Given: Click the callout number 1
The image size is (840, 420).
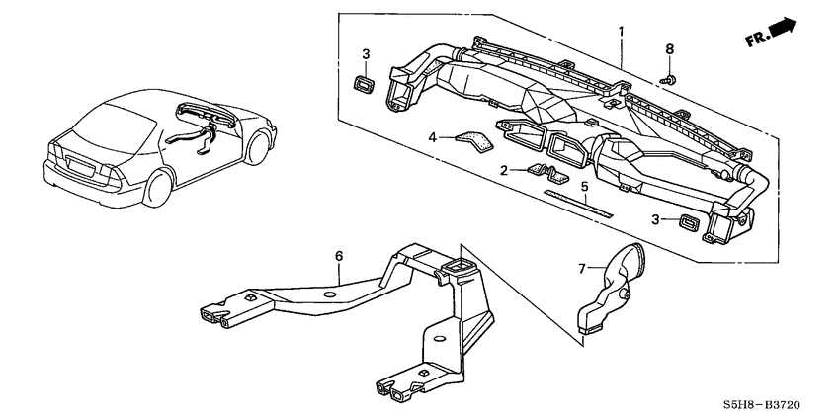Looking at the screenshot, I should [x=621, y=31].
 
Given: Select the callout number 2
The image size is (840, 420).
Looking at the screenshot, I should [x=505, y=170].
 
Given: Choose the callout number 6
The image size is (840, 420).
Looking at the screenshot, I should [x=339, y=255].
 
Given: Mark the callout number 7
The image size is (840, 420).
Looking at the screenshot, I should [x=583, y=267].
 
